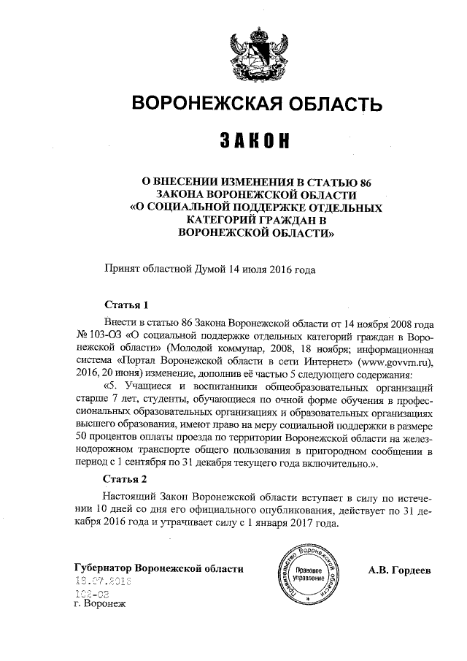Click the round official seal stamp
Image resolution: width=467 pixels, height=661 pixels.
[x=306, y=573]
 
